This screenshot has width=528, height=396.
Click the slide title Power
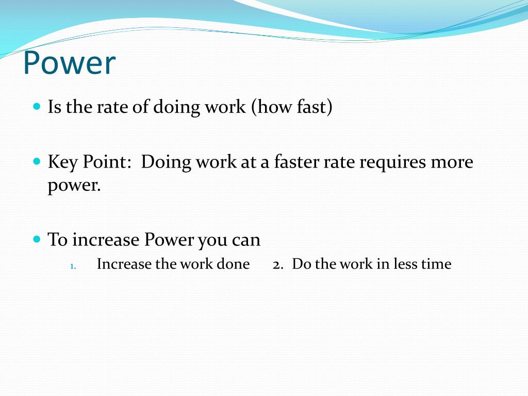[69, 63]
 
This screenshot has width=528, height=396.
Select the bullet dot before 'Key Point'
[36, 161]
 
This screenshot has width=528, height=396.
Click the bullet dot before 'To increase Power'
[36, 239]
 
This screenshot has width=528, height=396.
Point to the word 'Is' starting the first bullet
[54, 107]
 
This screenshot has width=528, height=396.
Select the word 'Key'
[62, 162]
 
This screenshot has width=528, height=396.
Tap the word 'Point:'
[107, 162]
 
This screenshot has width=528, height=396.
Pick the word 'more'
[452, 162]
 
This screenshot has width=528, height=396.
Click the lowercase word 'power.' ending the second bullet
[74, 186]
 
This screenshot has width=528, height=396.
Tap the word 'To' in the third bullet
[57, 240]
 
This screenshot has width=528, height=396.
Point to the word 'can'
[245, 240]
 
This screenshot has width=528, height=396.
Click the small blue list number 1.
[73, 266]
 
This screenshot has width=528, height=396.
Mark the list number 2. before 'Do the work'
[278, 265]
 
